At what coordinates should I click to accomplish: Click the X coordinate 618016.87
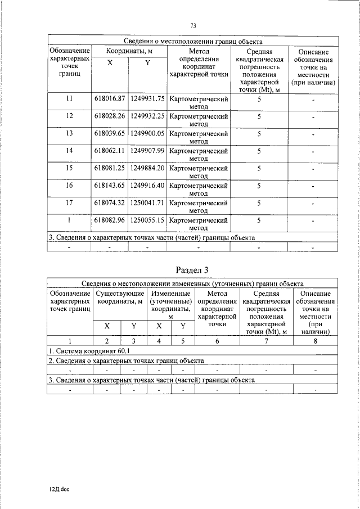[109, 99]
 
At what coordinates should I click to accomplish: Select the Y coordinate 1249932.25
[147, 116]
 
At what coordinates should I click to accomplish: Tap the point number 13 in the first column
[70, 134]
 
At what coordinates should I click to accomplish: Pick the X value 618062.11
[109, 151]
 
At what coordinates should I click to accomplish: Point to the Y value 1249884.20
[147, 168]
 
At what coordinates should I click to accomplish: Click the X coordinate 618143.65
[109, 186]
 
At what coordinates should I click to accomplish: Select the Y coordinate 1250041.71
[147, 203]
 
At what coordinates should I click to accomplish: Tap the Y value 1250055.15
[147, 220]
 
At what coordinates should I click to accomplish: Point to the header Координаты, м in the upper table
[128, 52]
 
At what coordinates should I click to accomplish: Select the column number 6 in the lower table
[217, 340]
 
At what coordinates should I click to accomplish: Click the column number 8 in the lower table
[316, 340]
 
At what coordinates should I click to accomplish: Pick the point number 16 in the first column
[70, 186]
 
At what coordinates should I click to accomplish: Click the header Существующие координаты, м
[121, 298]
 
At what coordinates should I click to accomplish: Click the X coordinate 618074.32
[109, 203]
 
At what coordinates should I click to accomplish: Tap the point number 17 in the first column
[70, 203]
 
